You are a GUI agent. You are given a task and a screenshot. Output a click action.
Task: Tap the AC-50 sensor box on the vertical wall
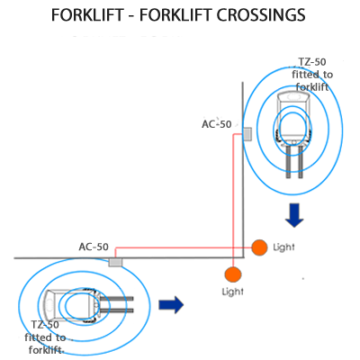coord(247,134)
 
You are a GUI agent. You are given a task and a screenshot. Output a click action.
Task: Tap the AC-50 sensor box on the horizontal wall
coord(115,262)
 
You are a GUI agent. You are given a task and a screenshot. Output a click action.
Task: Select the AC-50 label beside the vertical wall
coord(217,124)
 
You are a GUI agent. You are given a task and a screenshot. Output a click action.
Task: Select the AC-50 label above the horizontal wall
coord(94,247)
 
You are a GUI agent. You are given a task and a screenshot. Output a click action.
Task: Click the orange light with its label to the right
coord(259,247)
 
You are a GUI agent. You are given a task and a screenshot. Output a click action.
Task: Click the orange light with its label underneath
coord(233,274)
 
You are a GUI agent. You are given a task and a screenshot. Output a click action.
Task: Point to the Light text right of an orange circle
coord(283,247)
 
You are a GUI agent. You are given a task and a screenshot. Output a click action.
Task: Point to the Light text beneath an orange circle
coord(233,292)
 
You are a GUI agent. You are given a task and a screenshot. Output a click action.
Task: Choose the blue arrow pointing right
coord(171,305)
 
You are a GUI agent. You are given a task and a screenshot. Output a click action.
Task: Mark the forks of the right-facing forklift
coord(124,305)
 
